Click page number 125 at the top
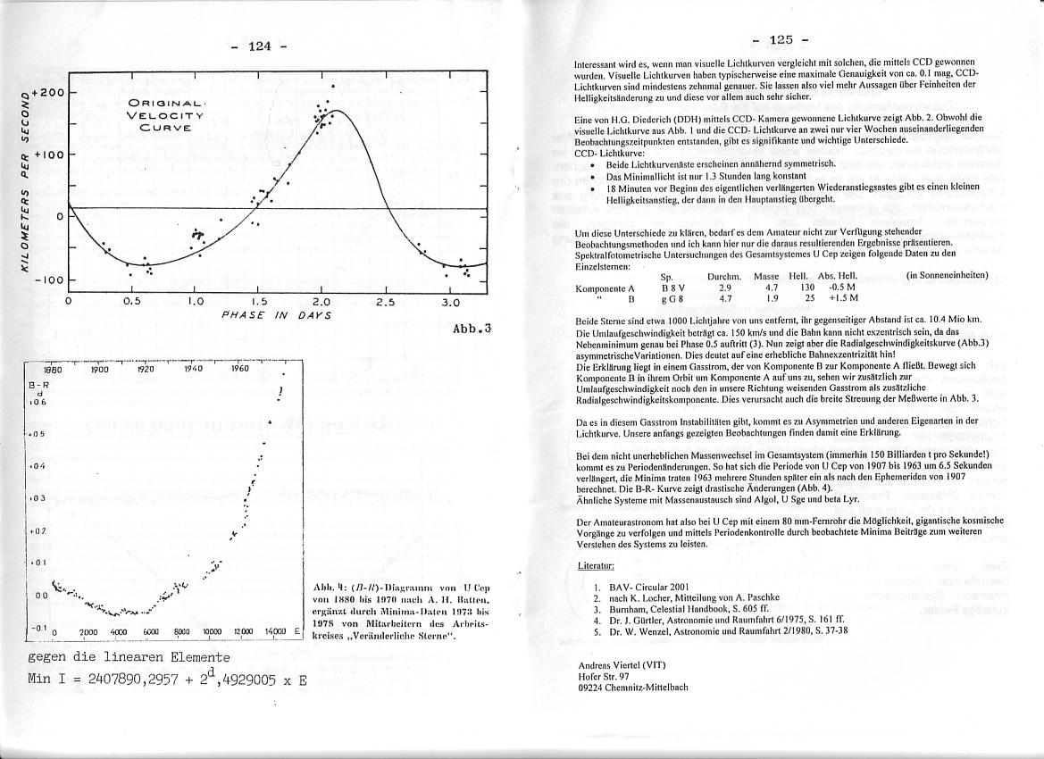(781, 39)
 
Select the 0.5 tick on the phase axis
(131, 302)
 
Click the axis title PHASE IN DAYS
(276, 315)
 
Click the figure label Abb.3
(472, 328)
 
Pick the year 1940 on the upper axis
(193, 368)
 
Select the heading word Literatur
(597, 566)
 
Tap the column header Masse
(766, 277)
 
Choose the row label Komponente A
(605, 288)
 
